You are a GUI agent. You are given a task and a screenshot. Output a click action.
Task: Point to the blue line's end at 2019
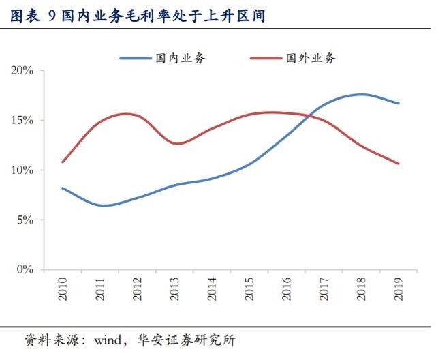tap(399, 104)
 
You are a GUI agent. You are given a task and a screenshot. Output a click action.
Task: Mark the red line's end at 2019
tap(399, 164)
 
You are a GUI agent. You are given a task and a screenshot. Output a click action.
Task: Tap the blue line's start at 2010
tap(63, 187)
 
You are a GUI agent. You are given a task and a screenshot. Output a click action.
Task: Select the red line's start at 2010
tap(63, 162)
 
